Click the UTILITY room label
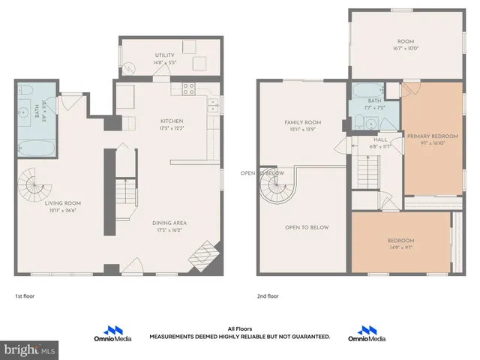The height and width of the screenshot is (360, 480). tap(164, 55)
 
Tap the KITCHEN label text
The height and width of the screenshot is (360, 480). tap(172, 121)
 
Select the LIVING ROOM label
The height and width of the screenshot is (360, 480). tap(63, 202)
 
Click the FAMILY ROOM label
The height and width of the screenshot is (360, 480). tap(302, 121)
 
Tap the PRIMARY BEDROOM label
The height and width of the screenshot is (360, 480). tap(433, 136)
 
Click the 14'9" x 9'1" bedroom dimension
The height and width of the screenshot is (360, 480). tap(400, 247)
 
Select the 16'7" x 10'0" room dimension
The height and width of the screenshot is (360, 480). tap(406, 48)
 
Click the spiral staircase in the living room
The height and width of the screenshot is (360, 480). tap(34, 182)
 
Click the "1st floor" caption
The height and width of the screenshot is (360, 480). tap(25, 296)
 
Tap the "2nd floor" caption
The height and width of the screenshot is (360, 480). tap(268, 296)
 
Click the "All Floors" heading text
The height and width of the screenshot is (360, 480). tap(239, 328)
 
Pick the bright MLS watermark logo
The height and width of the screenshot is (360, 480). tap(30, 350)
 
